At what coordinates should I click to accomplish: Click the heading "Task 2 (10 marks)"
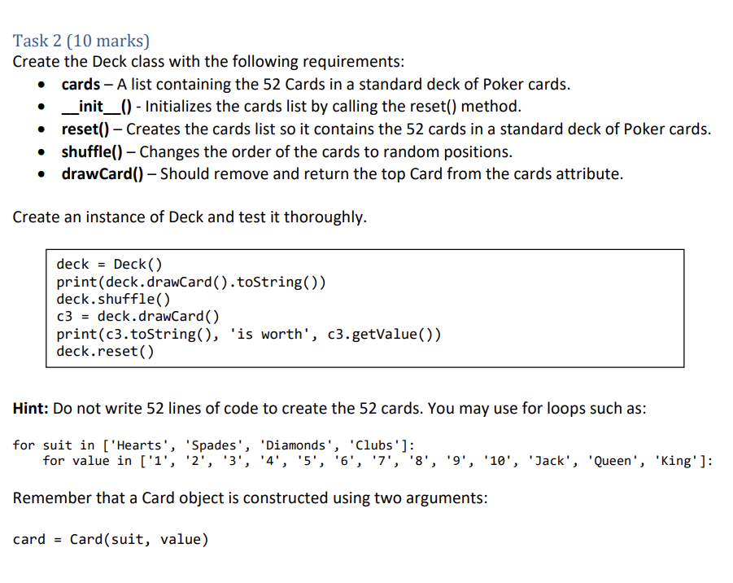pyautogui.click(x=81, y=41)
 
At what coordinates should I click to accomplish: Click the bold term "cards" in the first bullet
pyautogui.click(x=81, y=85)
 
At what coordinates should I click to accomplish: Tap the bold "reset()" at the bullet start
pyautogui.click(x=85, y=129)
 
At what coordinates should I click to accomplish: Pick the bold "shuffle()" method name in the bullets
pyautogui.click(x=92, y=151)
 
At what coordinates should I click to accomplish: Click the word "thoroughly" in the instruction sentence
pyautogui.click(x=324, y=217)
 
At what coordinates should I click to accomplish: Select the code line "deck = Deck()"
pyautogui.click(x=109, y=264)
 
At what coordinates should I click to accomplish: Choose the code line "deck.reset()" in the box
pyautogui.click(x=105, y=352)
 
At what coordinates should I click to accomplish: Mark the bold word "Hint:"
pyautogui.click(x=31, y=409)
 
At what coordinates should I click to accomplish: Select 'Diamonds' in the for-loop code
pyautogui.click(x=295, y=445)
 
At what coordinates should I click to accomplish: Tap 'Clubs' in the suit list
pyautogui.click(x=375, y=445)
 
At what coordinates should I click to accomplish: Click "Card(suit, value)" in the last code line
pyautogui.click(x=139, y=539)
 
